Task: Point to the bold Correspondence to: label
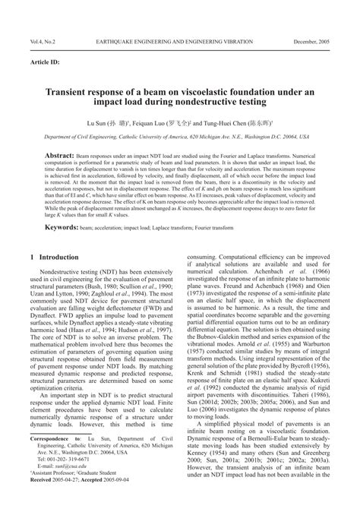55,460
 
